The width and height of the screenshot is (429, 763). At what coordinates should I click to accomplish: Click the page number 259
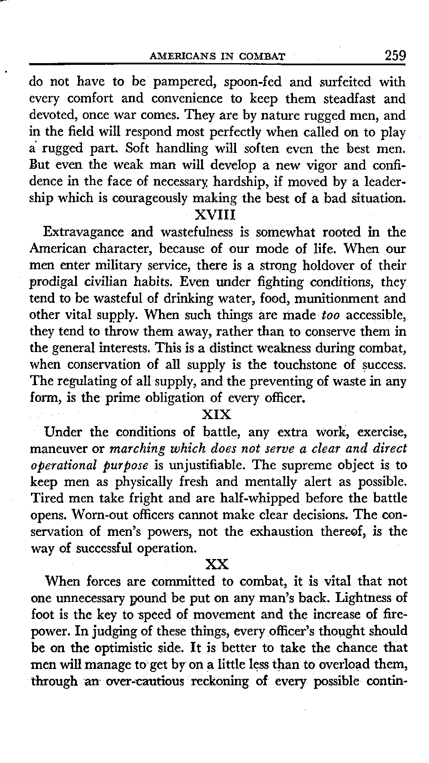[395, 56]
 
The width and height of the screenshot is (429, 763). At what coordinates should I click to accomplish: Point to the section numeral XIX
[216, 415]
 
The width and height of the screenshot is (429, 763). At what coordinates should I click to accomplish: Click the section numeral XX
[217, 564]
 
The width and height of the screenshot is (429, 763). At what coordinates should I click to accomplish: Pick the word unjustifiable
[209, 465]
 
